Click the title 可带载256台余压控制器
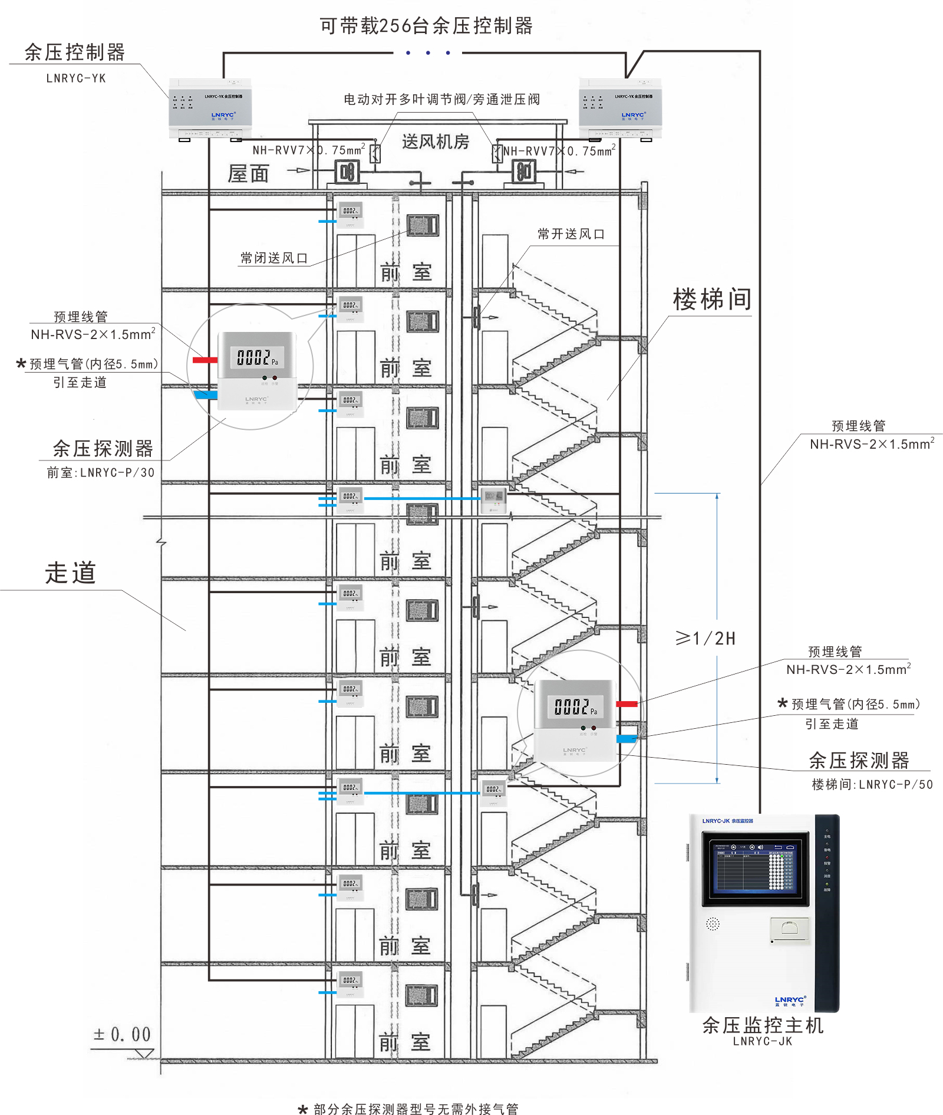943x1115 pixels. point(426,26)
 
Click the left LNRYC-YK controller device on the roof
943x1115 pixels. point(210,108)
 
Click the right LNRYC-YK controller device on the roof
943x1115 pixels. point(620,108)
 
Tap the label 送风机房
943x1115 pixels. point(436,142)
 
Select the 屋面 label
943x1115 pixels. point(248,174)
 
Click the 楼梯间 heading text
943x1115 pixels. point(712,300)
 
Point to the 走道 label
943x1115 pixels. point(70,573)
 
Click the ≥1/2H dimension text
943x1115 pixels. point(705,639)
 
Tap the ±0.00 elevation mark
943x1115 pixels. point(122,1034)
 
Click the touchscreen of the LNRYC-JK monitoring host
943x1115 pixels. point(755,869)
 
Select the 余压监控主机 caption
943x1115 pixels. point(763,1025)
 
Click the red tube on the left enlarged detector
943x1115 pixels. point(205,360)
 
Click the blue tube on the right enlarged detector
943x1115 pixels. point(627,738)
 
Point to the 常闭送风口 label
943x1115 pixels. point(274,258)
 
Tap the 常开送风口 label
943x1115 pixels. point(571,234)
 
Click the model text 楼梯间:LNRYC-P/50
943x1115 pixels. point(872,785)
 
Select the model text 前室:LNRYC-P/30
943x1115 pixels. point(101,473)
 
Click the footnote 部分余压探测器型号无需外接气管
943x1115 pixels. point(416,1109)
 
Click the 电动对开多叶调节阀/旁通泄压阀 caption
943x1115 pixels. point(441,100)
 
